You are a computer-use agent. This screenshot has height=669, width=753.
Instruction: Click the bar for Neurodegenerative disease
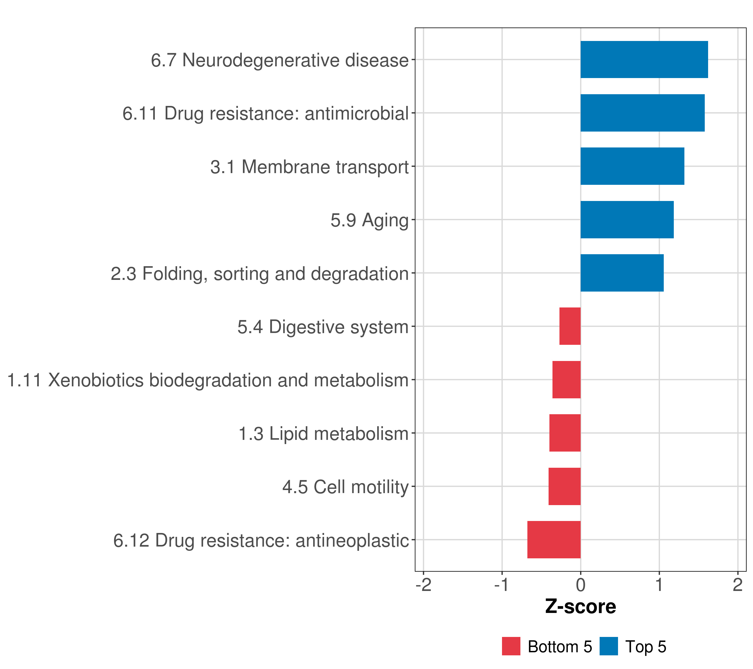tap(644, 60)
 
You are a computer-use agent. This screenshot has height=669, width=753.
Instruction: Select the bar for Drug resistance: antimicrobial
tap(643, 113)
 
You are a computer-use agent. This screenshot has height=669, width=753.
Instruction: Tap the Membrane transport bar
tap(632, 166)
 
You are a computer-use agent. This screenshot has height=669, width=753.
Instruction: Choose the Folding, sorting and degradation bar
tap(622, 273)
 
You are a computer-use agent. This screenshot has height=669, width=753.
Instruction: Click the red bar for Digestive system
tap(570, 326)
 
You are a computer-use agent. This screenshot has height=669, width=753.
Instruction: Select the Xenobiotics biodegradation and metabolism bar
tap(567, 380)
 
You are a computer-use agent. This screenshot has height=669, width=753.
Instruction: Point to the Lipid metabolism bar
tap(565, 433)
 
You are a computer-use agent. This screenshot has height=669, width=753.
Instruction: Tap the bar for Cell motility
tap(565, 486)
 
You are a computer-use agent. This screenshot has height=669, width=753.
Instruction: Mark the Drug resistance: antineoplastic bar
tap(554, 540)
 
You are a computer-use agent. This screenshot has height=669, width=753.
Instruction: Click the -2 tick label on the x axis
tap(424, 585)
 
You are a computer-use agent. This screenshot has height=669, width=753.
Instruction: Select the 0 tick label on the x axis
tap(581, 585)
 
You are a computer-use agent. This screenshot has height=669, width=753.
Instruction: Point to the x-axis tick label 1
tap(659, 585)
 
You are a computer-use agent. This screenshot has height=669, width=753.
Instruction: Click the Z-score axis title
tap(581, 607)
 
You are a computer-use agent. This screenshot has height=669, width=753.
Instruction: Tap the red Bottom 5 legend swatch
tap(511, 646)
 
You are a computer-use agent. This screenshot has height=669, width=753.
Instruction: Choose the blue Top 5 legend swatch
tap(609, 646)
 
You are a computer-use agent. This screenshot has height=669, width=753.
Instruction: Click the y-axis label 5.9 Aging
tap(370, 220)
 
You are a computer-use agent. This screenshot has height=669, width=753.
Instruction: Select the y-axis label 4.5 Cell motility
tap(346, 487)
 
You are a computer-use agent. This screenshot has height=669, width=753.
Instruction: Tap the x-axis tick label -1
tap(502, 585)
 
